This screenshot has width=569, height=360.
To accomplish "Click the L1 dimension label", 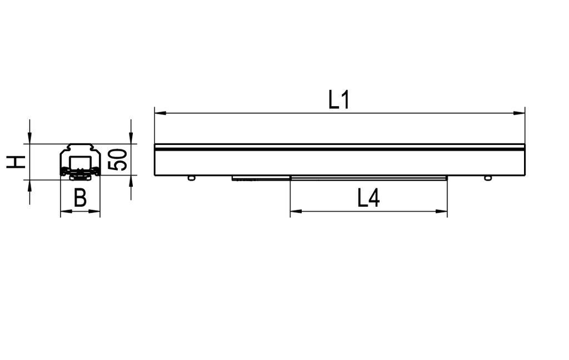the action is tap(338, 99).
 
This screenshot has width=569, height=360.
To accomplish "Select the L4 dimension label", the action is tap(368, 198).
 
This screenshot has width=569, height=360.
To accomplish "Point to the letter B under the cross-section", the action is tap(80, 198).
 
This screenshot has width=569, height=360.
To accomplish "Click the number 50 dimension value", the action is tap(118, 159).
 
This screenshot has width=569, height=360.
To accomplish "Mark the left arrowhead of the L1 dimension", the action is tap(160, 113).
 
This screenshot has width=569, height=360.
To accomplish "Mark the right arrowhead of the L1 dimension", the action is tap(520, 113).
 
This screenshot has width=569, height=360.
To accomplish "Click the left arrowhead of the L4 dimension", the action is tap(296, 211).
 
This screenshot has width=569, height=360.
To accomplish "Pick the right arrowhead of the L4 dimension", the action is tap(442, 211).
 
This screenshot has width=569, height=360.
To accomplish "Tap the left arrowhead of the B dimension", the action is tap(66, 211).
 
